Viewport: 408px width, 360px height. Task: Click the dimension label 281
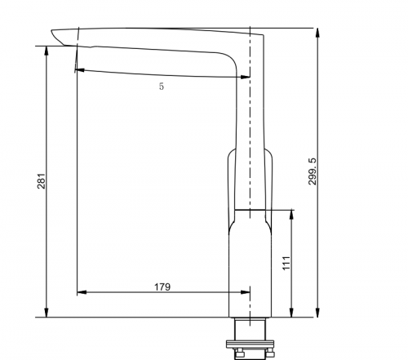[41, 181]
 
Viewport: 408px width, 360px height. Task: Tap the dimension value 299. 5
[313, 171]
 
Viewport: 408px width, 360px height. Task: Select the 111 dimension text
[286, 263]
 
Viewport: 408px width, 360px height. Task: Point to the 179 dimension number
[162, 287]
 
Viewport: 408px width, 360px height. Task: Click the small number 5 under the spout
[162, 87]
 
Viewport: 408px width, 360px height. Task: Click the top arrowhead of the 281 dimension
[47, 51]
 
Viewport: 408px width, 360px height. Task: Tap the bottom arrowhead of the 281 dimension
[47, 313]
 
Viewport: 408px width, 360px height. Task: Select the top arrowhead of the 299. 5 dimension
[317, 33]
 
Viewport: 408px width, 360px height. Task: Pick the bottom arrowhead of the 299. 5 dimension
[317, 313]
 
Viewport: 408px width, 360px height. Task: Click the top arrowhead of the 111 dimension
[291, 215]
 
